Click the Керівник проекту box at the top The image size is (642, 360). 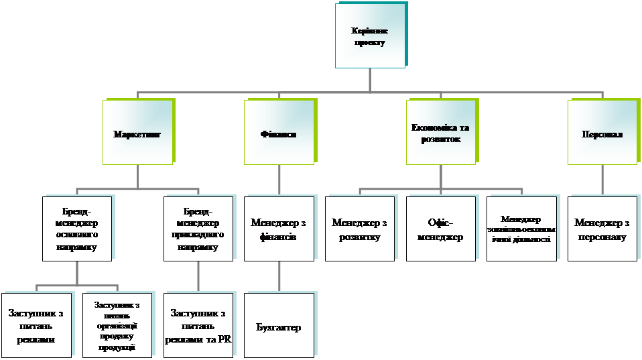[370, 36]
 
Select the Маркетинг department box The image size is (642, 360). [137, 133]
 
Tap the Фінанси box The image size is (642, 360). [278, 133]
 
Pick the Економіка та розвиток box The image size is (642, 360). [440, 133]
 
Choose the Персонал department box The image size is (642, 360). [602, 133]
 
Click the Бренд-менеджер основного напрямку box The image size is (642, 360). [76, 228]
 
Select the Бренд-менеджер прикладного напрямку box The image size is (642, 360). [198, 228]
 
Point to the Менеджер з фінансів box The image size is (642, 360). [279, 228]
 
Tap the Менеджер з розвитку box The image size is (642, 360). [360, 228]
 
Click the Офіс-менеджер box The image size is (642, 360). [440, 228]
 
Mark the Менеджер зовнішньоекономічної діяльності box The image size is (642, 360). [521, 228]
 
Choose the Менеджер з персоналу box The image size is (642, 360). [602, 228]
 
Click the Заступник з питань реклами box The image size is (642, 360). [36, 325]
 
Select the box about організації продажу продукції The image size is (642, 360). [117, 325]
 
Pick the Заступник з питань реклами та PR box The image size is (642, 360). [198, 325]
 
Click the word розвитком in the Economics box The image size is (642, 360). [440, 139]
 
